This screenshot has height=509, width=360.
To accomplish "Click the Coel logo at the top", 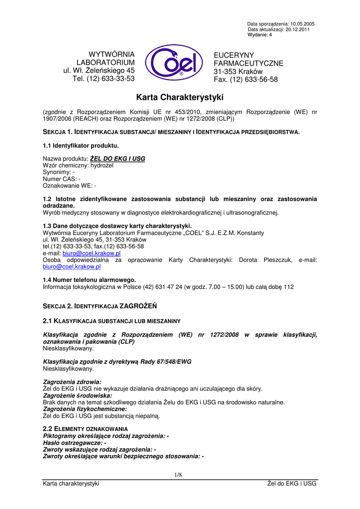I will pos(174,63).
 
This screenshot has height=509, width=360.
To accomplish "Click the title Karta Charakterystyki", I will pos(180,97).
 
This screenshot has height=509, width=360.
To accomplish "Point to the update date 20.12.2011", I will pos(303,29).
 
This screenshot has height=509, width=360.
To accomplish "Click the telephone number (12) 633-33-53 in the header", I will pos(111,79).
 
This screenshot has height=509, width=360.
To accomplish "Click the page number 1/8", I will pos(179,475).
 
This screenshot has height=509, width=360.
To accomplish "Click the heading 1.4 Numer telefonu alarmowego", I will pos(90,280).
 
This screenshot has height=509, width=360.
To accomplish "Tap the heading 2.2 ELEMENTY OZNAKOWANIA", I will pos(86,428).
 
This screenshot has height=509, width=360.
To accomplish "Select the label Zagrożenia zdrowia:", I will pos(73,382).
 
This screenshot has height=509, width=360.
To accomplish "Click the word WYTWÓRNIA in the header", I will pos(111,54).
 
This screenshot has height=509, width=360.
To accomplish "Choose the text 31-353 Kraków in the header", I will pos(238,72).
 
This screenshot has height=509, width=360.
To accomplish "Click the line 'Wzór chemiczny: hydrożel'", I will pos(78,166).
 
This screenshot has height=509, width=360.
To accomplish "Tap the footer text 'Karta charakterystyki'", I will pos(71,484).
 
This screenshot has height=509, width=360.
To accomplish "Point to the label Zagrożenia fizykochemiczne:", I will pos(85,409).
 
